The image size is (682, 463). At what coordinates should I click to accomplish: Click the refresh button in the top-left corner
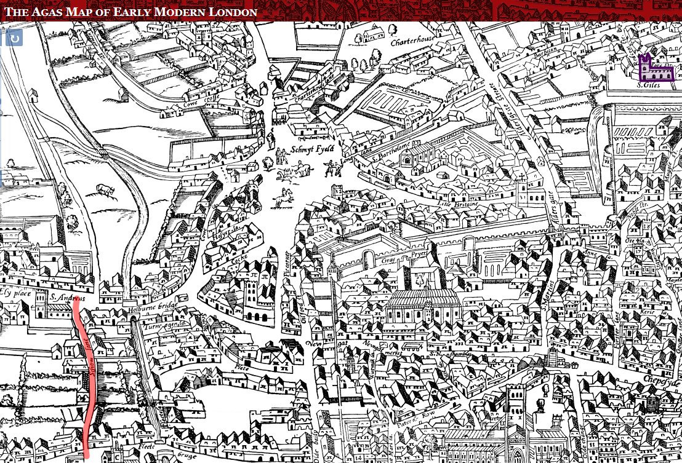[14, 38]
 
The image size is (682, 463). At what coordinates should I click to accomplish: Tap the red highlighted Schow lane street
[86, 381]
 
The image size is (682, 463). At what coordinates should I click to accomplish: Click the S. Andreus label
[66, 298]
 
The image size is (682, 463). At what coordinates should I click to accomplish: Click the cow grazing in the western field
[105, 191]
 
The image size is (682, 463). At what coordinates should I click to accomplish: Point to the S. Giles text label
[648, 85]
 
